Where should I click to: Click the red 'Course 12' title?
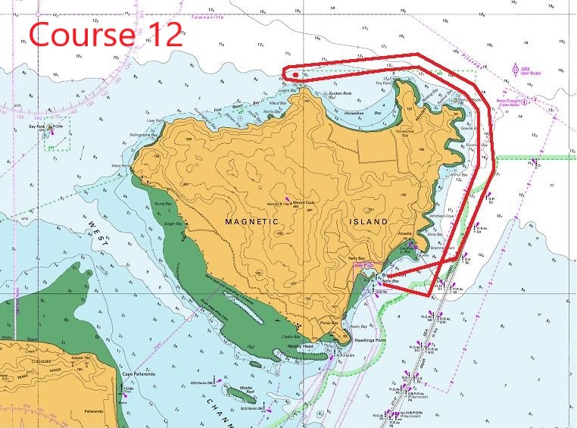(106, 33)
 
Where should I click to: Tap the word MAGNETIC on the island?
(252, 221)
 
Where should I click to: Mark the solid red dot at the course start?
(295, 75)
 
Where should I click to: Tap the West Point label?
(120, 165)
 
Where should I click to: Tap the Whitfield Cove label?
(441, 217)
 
